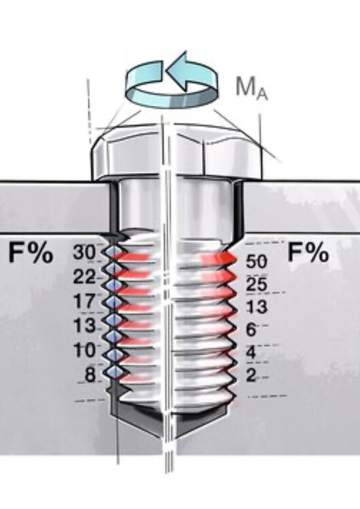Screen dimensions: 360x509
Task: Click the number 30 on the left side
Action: [x=84, y=252]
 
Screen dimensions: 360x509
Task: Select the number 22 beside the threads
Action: [x=84, y=277]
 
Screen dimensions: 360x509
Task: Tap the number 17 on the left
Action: [x=84, y=301]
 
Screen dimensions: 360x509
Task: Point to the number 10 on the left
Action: [x=84, y=350]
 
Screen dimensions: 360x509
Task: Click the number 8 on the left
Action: [x=90, y=374]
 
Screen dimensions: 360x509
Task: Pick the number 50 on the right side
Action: [x=256, y=262]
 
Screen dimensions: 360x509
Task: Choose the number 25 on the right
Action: [x=256, y=284]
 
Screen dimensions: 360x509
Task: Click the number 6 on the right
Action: [x=251, y=330]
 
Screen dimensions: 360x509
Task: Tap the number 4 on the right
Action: [x=251, y=352]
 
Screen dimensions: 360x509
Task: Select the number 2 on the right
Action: [x=251, y=375]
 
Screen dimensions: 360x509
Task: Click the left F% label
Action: [x=31, y=252]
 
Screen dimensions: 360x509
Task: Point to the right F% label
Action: [x=308, y=252]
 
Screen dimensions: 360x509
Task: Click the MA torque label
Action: [x=252, y=88]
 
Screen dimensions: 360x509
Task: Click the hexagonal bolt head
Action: [x=177, y=153]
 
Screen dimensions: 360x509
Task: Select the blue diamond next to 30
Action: [x=113, y=251]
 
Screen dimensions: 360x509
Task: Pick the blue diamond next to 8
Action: [x=113, y=371]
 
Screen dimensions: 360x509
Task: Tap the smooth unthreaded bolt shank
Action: [x=175, y=204]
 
